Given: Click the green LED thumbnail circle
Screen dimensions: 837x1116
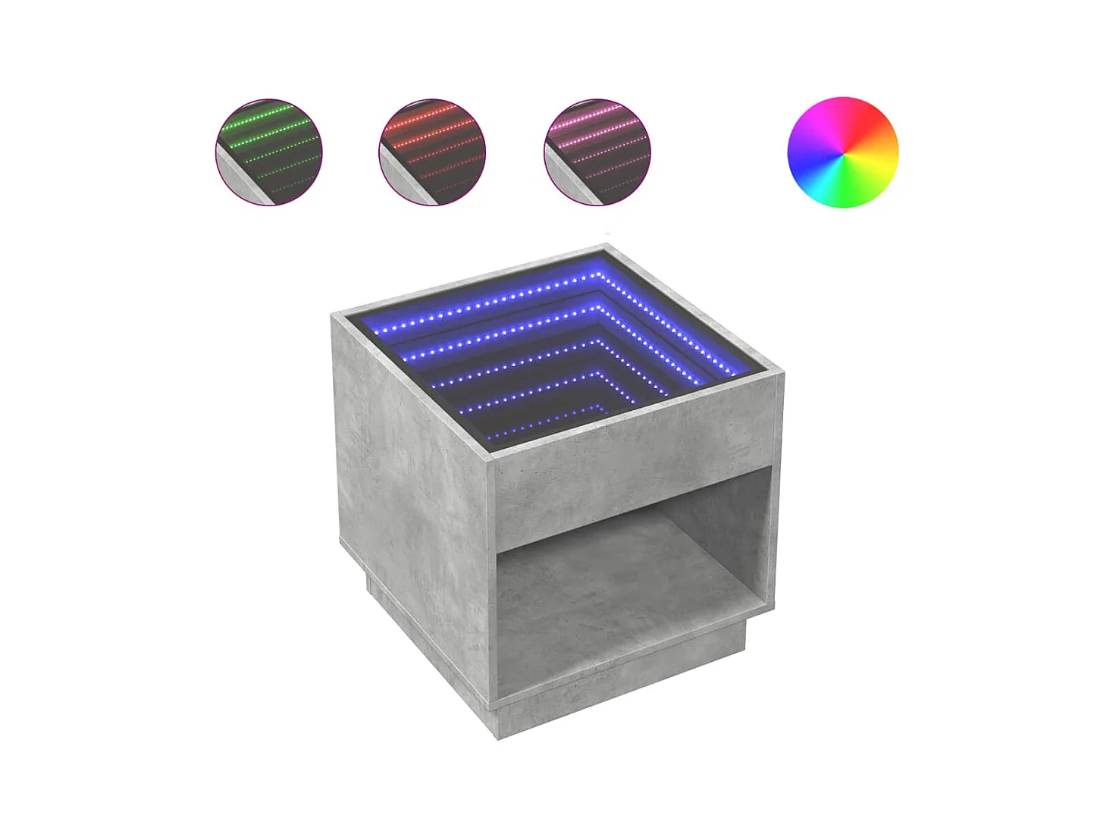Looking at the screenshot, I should tap(269, 152).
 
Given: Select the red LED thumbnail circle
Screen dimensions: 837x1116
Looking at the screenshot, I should tap(431, 152).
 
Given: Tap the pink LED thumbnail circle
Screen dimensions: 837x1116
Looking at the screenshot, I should tap(597, 152).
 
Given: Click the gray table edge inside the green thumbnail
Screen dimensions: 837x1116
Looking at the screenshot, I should tap(241, 175).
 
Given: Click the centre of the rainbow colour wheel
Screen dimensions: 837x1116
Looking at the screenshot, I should tap(842, 152).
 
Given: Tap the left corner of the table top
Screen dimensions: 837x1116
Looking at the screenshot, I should tap(334, 315).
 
